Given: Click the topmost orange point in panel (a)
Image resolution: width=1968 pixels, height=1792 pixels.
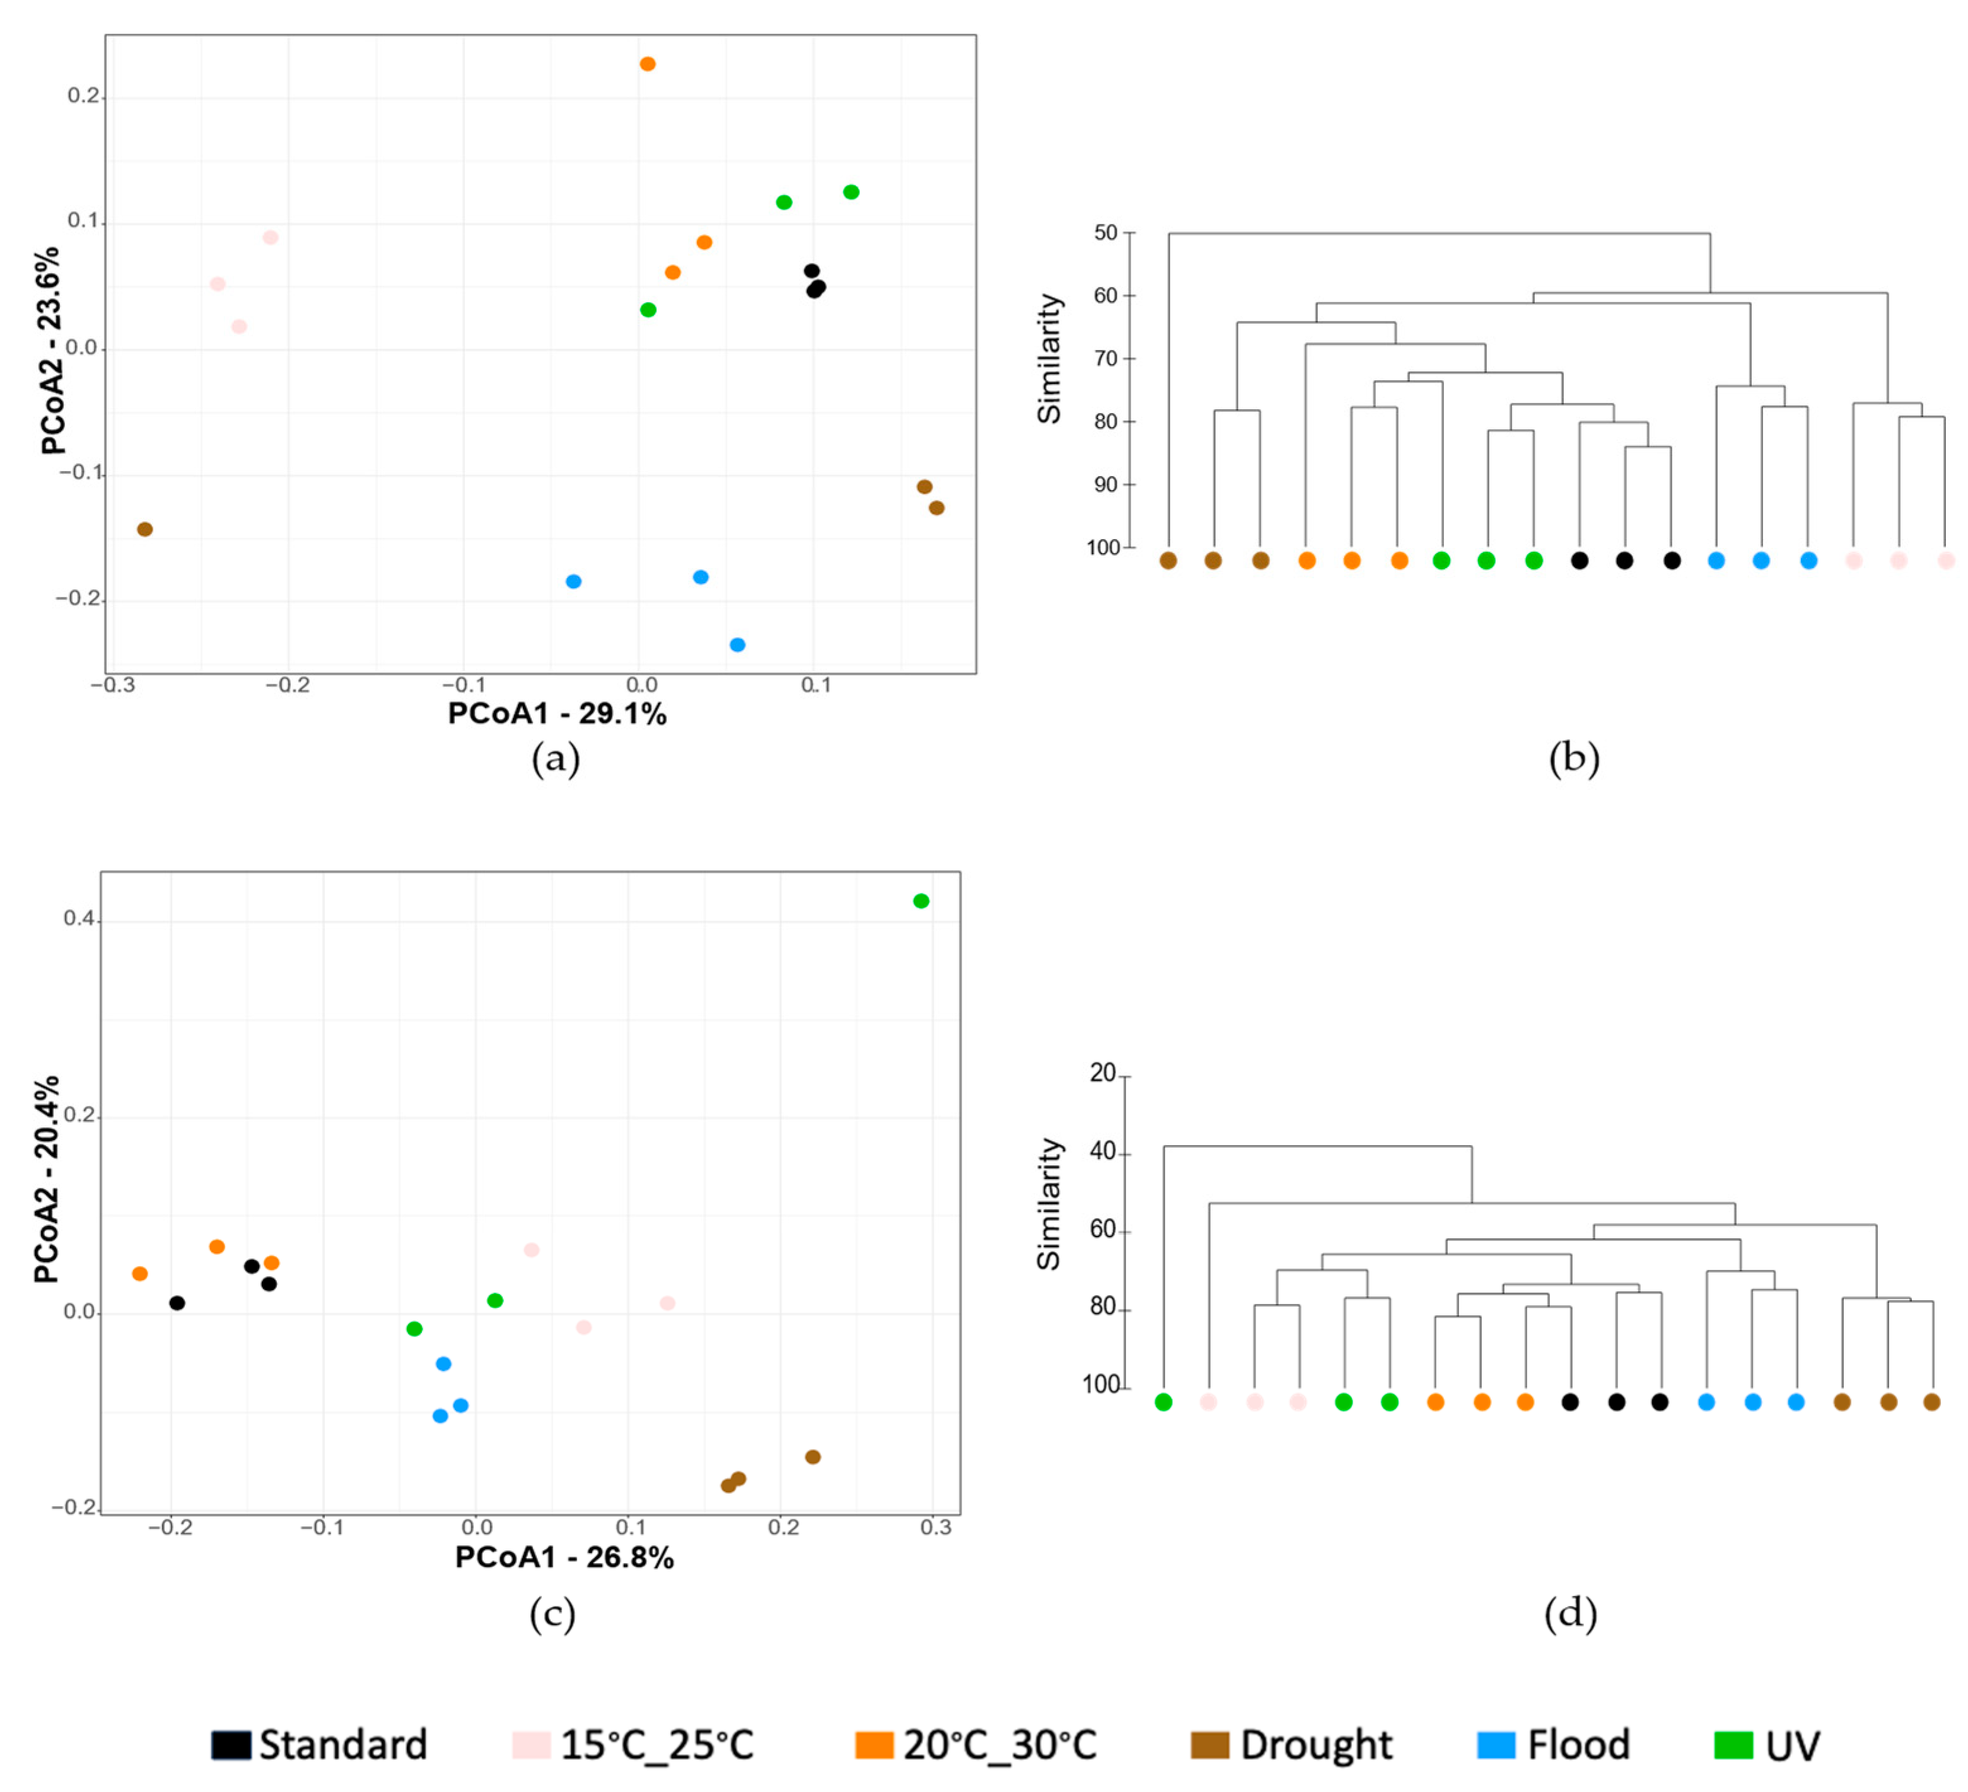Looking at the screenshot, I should [647, 64].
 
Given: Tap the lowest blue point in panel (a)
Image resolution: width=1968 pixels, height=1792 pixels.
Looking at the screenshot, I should [738, 645].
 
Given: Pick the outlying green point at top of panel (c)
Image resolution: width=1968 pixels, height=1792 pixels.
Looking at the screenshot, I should [921, 901].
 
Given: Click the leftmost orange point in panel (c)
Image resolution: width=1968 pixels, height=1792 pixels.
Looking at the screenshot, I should [139, 1274].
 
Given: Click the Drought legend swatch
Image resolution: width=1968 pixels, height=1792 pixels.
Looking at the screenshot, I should [1209, 1745].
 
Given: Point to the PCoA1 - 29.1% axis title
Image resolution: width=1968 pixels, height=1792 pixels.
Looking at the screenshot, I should [556, 714].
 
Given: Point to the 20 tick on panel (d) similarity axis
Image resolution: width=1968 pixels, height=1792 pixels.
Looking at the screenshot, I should [1102, 1073].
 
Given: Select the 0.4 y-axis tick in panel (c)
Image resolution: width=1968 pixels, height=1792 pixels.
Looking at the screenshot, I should [78, 919].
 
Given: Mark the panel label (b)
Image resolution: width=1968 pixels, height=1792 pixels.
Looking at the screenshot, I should [1574, 759].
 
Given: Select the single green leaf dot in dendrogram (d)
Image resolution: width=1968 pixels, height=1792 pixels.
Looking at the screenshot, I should [1163, 1402].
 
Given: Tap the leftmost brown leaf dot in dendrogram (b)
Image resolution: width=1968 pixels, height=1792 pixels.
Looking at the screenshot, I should [1168, 561].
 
